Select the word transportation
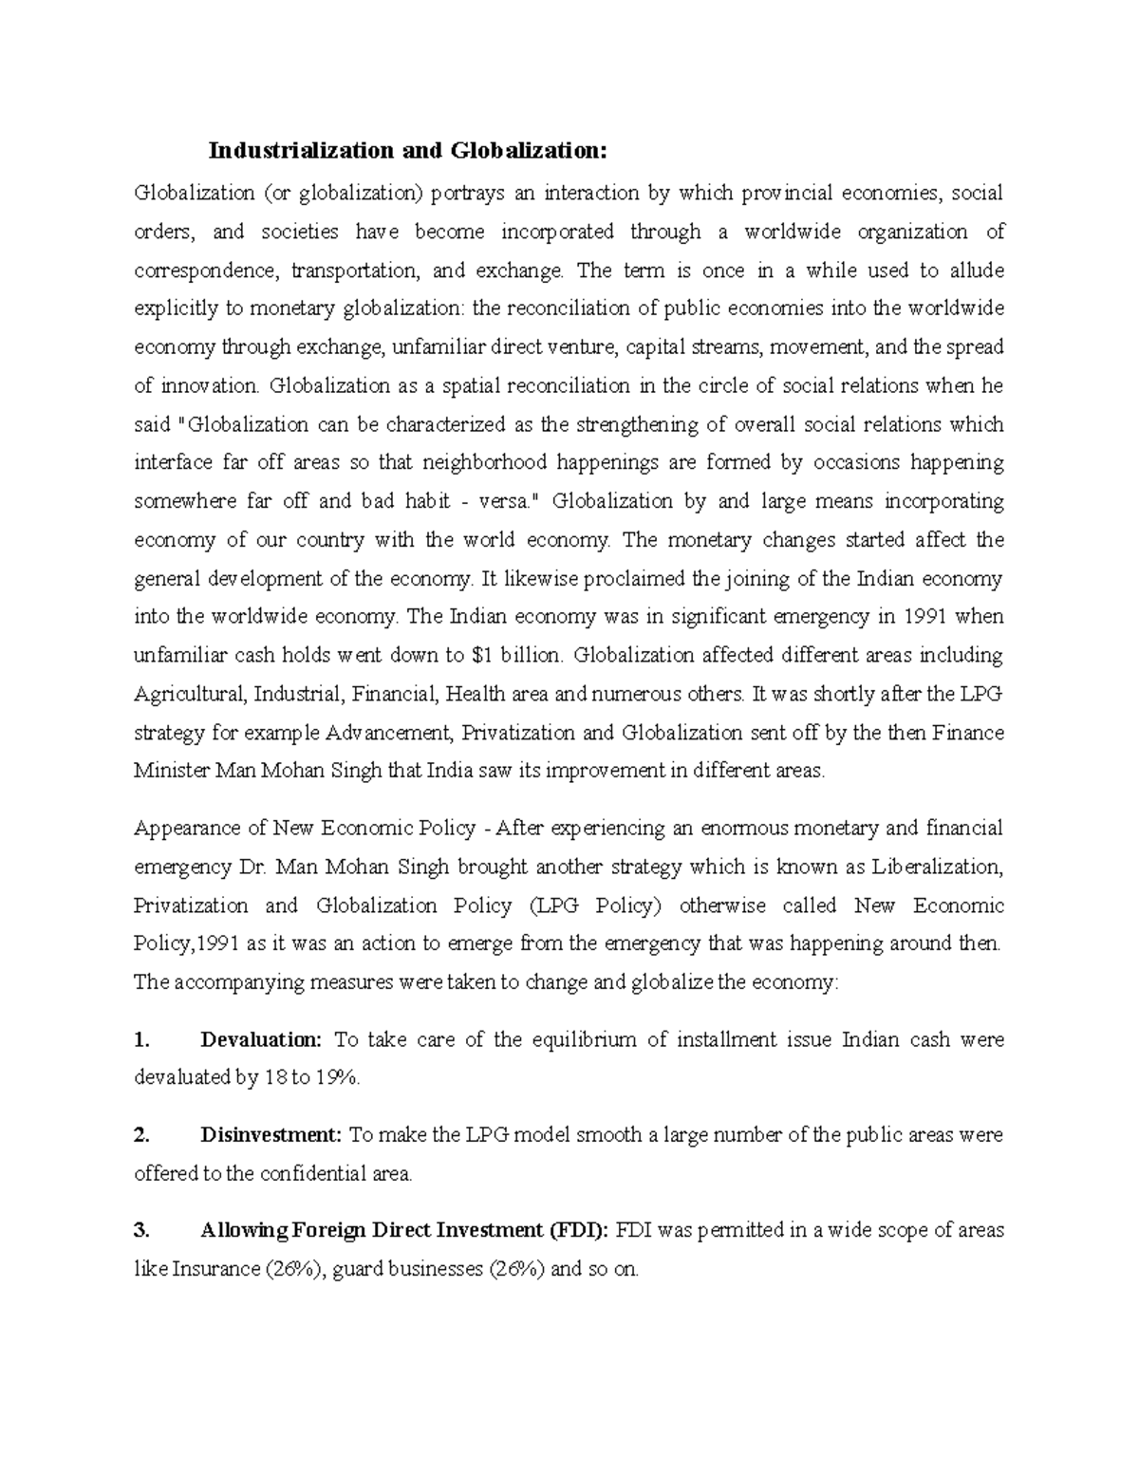[x=354, y=271]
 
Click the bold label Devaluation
[x=261, y=1040]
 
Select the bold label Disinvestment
[x=271, y=1135]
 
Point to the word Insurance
[x=215, y=1269]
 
